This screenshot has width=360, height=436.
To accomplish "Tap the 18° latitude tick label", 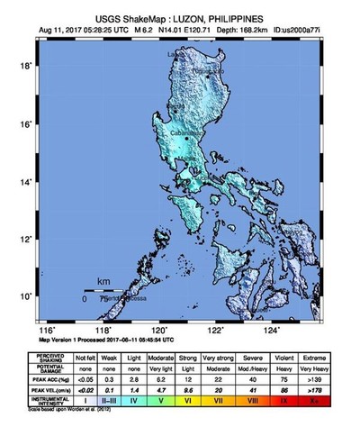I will [27, 66].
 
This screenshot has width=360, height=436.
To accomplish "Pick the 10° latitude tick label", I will [27, 295].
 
